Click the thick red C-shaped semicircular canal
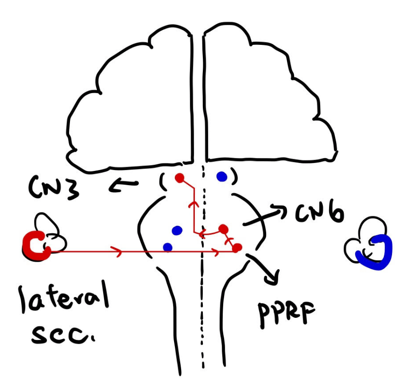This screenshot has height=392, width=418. (x=35, y=246)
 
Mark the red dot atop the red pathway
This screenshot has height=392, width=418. (x=179, y=178)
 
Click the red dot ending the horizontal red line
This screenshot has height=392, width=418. (x=237, y=247)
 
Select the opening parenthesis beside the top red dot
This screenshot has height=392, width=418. (x=162, y=181)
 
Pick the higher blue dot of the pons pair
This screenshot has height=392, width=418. (x=177, y=230)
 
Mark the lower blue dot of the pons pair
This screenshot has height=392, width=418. (x=167, y=247)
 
